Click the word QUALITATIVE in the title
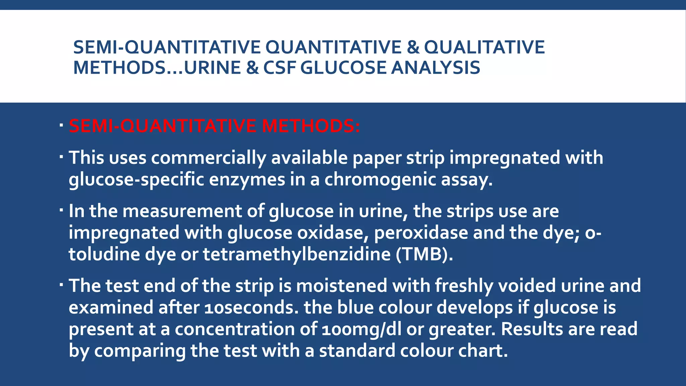click(x=484, y=47)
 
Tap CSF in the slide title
click(x=279, y=67)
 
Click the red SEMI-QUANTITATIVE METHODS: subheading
click(x=214, y=126)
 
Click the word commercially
click(x=208, y=157)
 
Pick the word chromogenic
click(x=380, y=180)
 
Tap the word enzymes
click(x=247, y=180)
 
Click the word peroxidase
click(x=421, y=233)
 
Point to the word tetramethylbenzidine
click(x=296, y=254)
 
